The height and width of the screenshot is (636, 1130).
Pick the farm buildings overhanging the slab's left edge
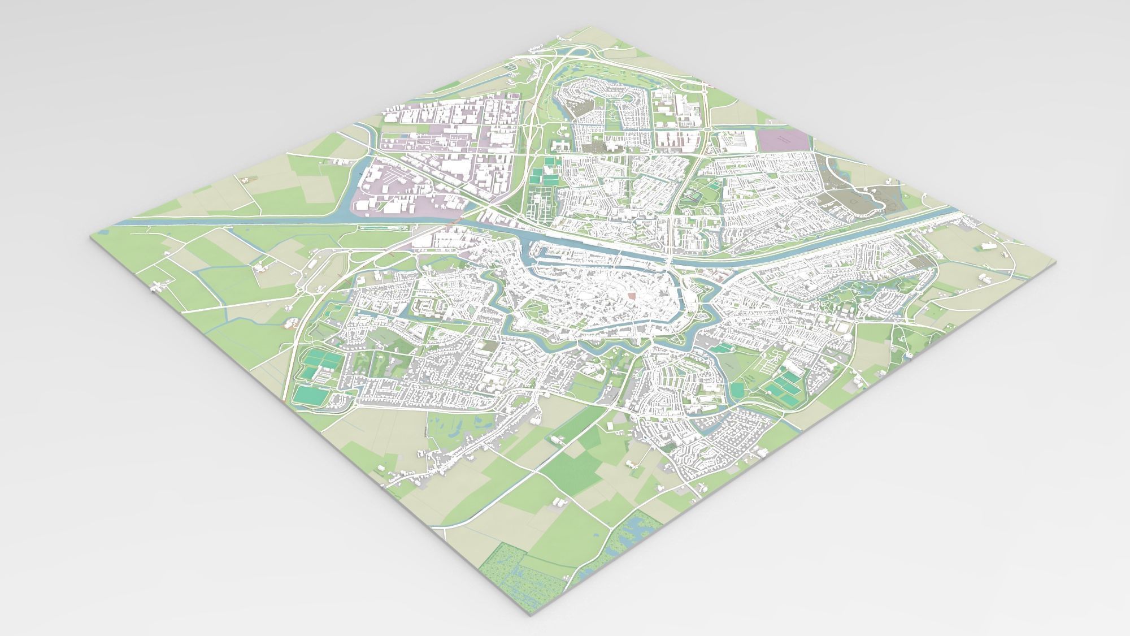coord(157,287)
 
